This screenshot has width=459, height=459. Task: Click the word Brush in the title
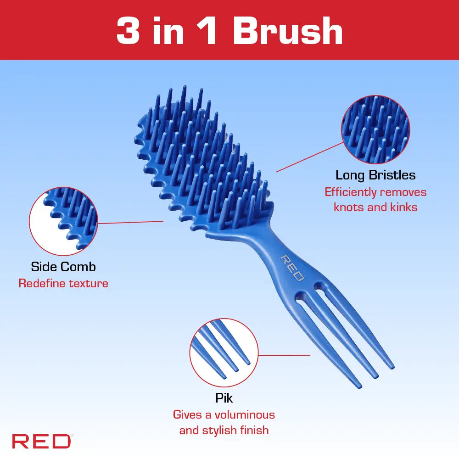(287, 31)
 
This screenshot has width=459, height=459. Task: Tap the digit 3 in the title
(128, 31)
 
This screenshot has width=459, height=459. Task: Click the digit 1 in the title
(207, 31)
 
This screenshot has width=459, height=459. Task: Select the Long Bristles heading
(375, 175)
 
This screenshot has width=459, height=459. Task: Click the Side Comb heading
(63, 267)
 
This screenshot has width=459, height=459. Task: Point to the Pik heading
(224, 398)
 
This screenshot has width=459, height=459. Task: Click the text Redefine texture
(63, 283)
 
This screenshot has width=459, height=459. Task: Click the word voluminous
(245, 415)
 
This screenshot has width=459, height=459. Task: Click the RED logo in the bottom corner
(42, 442)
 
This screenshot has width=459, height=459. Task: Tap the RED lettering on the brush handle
(292, 268)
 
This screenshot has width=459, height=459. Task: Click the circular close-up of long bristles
(375, 129)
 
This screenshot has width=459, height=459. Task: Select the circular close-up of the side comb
(63, 221)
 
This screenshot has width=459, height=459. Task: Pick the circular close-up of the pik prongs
(224, 353)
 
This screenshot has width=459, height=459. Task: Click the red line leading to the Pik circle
(284, 355)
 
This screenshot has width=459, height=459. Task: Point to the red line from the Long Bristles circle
(310, 157)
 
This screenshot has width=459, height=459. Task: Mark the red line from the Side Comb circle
(130, 222)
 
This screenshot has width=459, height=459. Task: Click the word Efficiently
(350, 192)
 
